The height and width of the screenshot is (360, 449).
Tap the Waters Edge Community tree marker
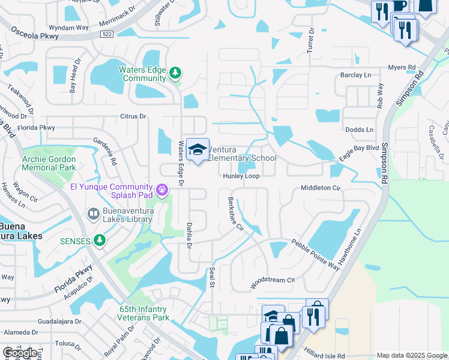(175, 73)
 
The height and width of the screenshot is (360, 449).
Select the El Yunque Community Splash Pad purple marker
(161, 190)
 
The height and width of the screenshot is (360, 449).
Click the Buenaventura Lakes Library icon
(93, 214)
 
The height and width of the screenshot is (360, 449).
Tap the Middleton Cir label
(321, 188)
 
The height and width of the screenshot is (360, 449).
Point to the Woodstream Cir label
(273, 280)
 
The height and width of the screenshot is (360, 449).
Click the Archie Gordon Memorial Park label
(49, 163)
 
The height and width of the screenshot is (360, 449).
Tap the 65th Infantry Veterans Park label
(142, 313)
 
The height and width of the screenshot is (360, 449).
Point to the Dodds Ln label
(359, 130)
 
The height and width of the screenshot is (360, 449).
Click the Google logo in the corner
(20, 353)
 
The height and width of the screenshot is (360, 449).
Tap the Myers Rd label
(402, 68)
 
